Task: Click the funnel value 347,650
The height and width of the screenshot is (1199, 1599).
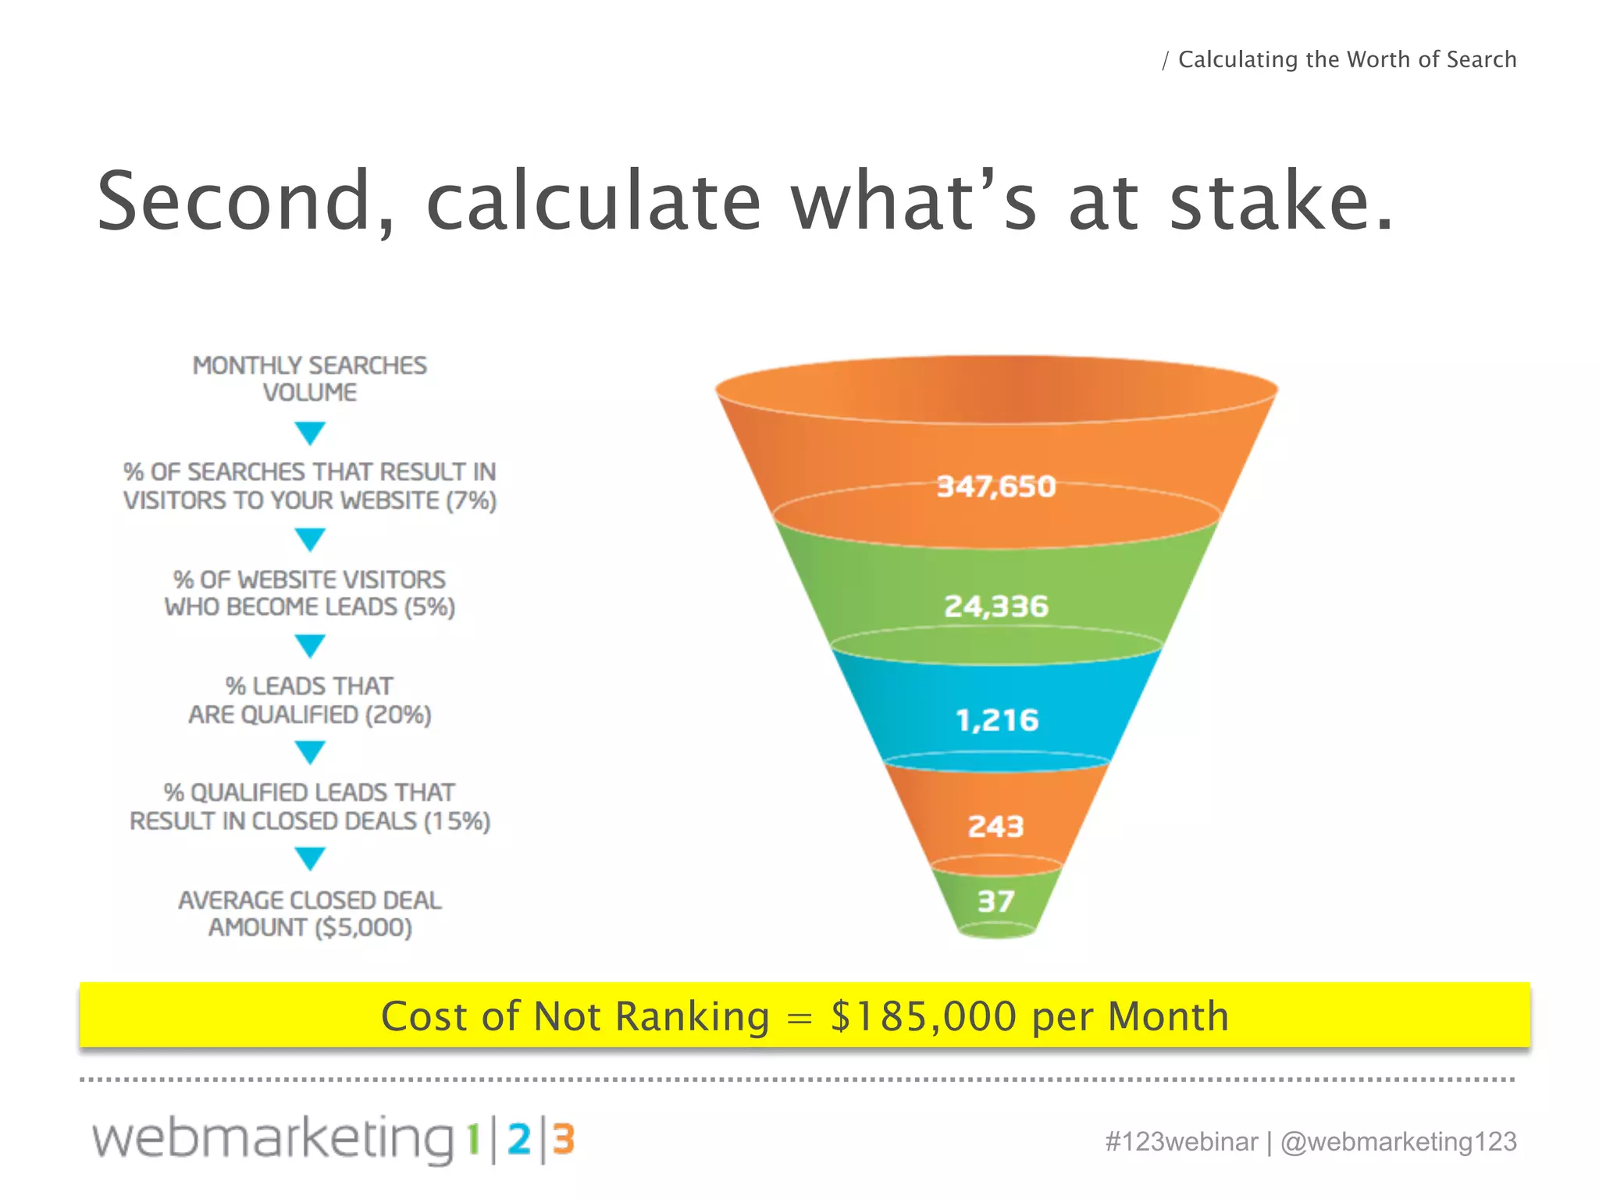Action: [996, 486]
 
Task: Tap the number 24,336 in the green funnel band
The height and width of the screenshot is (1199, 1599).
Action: [996, 606]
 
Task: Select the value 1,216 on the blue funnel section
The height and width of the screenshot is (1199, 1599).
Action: [997, 720]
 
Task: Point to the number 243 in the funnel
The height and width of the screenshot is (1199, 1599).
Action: [995, 826]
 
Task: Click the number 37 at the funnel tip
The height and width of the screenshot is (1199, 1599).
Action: [996, 902]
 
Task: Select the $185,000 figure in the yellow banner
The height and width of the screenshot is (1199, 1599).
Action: [924, 1016]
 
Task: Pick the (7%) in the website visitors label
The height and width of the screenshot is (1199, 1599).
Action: [471, 500]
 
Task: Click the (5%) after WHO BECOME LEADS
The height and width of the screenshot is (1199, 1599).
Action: [429, 607]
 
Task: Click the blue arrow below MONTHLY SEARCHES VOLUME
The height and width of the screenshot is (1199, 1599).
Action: [310, 432]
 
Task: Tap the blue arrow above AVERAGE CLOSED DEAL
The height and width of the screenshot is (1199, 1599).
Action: [310, 859]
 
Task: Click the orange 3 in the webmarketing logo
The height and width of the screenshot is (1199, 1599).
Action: [564, 1140]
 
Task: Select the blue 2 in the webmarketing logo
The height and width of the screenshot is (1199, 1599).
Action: [518, 1140]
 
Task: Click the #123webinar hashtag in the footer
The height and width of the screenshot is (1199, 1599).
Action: [1181, 1141]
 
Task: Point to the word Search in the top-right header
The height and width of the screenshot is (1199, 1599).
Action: [1481, 59]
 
